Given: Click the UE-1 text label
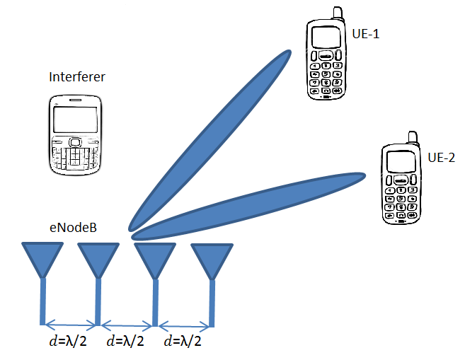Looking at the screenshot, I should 365,33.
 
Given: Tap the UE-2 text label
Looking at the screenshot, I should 442,157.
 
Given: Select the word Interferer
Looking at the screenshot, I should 77,76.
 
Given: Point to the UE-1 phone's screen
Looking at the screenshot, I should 322,37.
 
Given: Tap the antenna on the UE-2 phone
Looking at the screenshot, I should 412,138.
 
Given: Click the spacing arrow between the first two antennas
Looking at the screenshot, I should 71,325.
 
